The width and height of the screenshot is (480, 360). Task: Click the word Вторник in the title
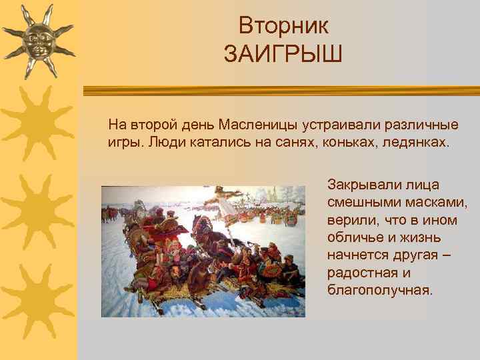283,26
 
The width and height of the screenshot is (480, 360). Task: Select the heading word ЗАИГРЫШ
283,53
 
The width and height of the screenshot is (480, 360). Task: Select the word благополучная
379,290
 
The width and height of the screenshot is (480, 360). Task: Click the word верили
347,220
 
